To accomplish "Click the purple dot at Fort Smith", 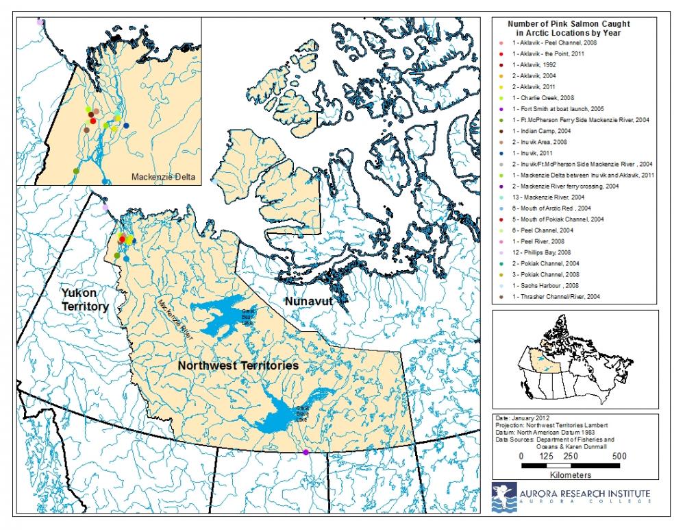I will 306,453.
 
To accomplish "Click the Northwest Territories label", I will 238,366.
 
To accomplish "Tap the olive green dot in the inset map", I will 76,170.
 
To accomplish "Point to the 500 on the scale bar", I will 619,456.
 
